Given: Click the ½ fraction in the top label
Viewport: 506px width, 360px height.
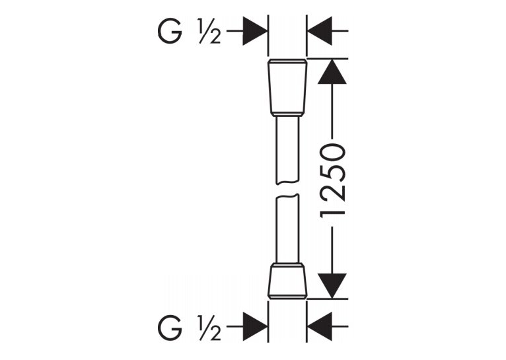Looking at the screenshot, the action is pyautogui.click(x=210, y=31).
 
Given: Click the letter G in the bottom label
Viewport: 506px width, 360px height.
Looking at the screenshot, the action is pyautogui.click(x=169, y=328).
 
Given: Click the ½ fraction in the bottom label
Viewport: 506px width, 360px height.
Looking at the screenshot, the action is pyautogui.click(x=210, y=328).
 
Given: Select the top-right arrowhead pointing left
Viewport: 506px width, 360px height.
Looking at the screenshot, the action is pyautogui.click(x=320, y=31).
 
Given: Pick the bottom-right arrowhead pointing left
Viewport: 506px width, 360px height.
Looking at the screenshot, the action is pyautogui.click(x=320, y=326).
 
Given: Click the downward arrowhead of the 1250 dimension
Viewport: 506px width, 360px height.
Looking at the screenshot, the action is pyautogui.click(x=332, y=286).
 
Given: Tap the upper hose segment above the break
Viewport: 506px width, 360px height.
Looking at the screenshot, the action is pyautogui.click(x=287, y=151).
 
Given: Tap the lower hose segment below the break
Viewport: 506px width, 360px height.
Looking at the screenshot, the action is pyautogui.click(x=287, y=229).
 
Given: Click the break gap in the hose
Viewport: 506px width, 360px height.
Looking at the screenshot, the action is pyautogui.click(x=287, y=190).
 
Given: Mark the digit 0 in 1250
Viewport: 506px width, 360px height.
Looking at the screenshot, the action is pyautogui.click(x=332, y=153).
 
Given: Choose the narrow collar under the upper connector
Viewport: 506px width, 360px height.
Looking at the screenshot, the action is pyautogui.click(x=287, y=114).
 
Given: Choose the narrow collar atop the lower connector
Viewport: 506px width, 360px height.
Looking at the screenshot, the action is pyautogui.click(x=287, y=265).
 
